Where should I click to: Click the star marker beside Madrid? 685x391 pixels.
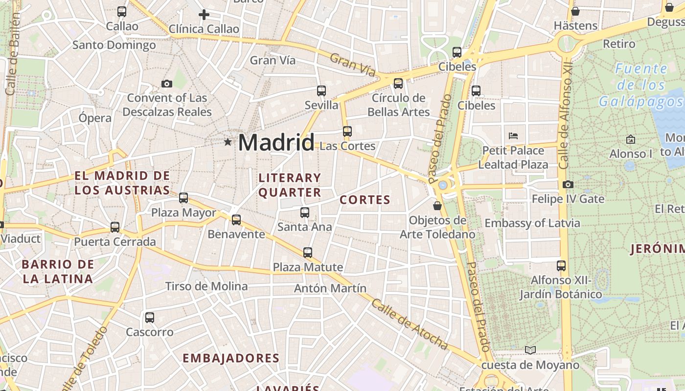point(228,142)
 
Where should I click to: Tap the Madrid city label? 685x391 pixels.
point(276,143)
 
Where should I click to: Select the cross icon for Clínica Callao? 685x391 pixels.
point(204,15)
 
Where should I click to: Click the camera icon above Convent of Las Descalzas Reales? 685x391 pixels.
point(167,84)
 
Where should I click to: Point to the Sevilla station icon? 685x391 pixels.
point(321,91)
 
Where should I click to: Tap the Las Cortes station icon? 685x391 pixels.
point(347,131)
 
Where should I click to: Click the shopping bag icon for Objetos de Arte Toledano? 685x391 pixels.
point(437,206)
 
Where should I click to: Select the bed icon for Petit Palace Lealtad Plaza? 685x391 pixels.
point(513,136)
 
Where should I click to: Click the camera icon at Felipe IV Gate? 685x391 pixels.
point(568,185)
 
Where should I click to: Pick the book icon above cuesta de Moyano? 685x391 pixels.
point(530,350)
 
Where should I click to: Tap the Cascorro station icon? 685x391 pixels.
point(150,318)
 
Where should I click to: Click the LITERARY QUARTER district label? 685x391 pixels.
point(290,185)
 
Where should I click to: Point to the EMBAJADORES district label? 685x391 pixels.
point(231,358)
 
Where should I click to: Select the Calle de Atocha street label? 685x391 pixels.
point(409,325)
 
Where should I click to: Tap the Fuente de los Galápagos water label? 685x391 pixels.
point(641,85)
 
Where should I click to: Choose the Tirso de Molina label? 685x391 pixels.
point(206,286)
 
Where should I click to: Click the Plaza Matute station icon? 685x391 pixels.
point(308,253)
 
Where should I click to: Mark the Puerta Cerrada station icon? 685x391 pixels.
point(115,227)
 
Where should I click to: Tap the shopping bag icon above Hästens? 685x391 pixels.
point(575,11)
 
